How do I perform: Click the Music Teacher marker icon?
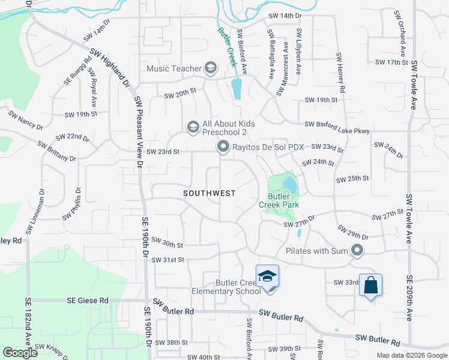211,68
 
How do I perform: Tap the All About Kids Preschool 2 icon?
193,127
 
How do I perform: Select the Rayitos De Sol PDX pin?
223,146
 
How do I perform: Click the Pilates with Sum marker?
358,251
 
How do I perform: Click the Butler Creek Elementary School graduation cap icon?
267,277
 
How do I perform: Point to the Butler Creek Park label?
279,200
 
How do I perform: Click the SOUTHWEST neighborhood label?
209,193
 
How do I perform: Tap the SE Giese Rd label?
88,300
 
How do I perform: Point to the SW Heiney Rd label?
340,73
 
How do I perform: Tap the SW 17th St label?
391,62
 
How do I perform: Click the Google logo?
19,353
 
